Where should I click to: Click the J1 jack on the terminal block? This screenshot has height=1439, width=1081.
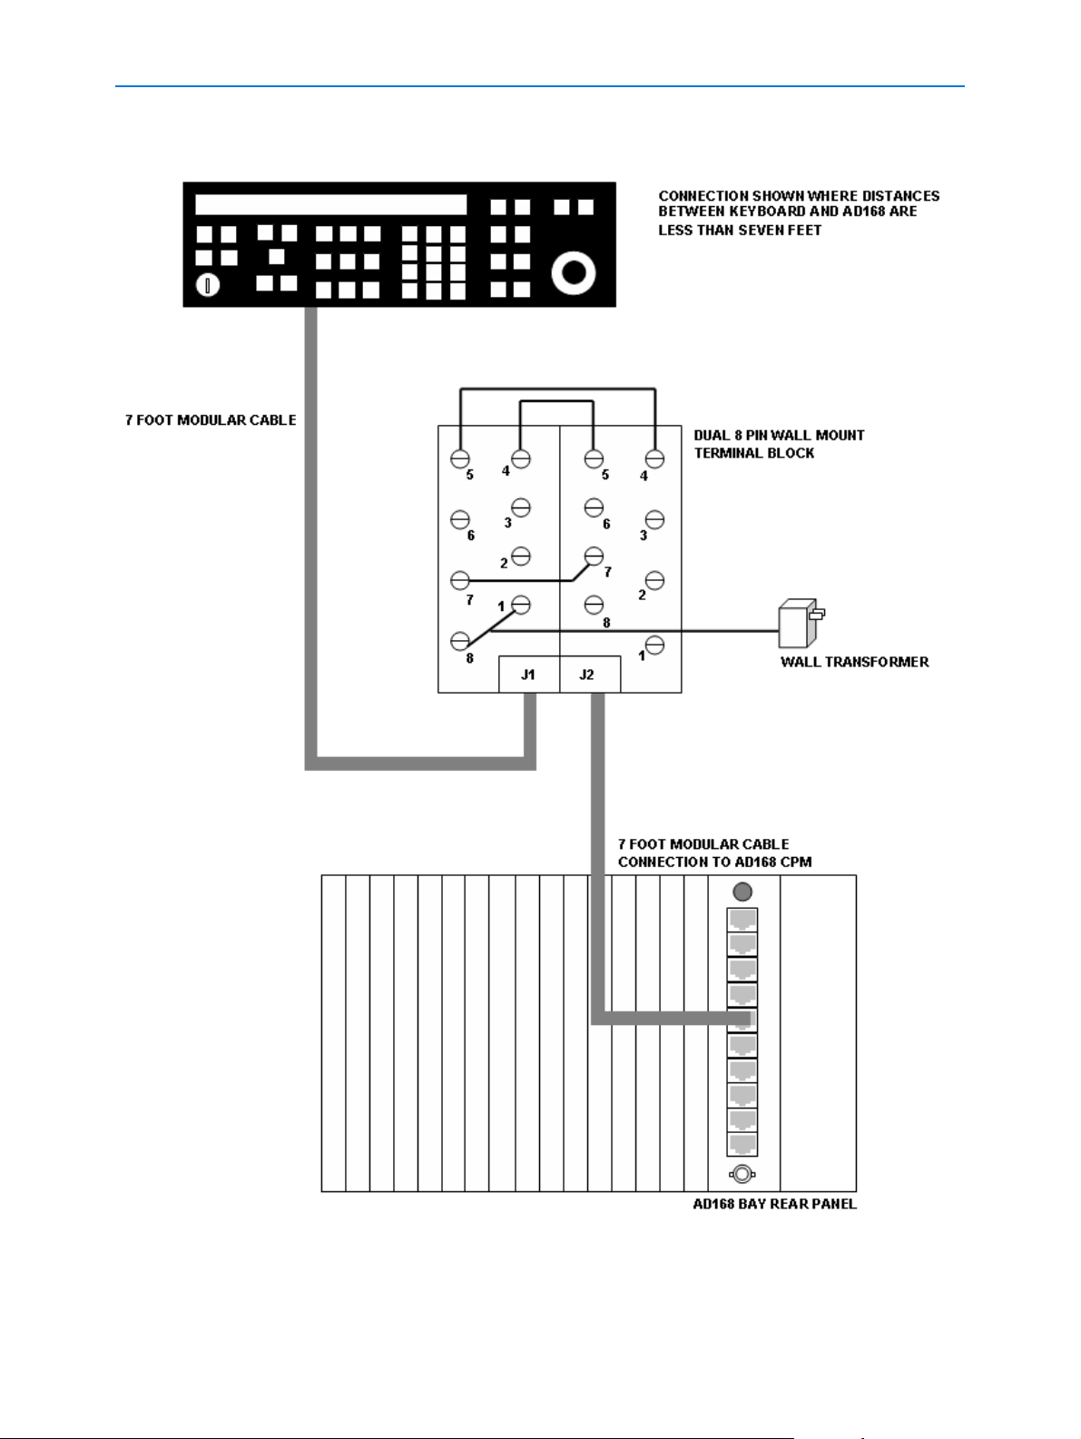click(x=528, y=675)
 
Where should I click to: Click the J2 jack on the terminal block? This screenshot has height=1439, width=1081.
click(x=588, y=675)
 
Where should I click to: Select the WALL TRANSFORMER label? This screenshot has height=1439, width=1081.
click(x=854, y=662)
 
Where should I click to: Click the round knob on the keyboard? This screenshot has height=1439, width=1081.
click(x=574, y=271)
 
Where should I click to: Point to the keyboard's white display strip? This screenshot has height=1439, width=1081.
click(x=331, y=204)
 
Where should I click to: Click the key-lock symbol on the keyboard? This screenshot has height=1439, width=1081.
click(x=208, y=286)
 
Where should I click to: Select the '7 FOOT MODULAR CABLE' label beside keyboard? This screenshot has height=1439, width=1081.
click(x=211, y=420)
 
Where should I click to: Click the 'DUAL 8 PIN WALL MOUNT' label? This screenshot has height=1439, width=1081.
click(x=779, y=436)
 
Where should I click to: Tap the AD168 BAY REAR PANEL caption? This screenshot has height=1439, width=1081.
click(x=774, y=1205)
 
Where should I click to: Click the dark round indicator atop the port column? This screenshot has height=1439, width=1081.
click(x=742, y=892)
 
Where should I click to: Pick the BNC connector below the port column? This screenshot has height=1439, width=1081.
click(x=742, y=1174)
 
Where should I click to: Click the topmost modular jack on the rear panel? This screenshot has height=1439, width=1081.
click(x=742, y=920)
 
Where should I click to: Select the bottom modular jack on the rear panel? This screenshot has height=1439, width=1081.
click(x=742, y=1143)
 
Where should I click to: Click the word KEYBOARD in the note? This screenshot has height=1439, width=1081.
click(x=767, y=212)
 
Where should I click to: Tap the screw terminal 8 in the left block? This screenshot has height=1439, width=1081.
click(x=460, y=641)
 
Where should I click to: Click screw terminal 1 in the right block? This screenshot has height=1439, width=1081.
click(x=654, y=645)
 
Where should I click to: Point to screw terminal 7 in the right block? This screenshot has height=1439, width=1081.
click(x=594, y=555)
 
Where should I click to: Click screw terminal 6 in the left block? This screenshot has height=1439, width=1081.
click(x=460, y=519)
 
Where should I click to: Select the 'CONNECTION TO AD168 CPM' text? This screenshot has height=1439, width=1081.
click(x=714, y=862)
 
